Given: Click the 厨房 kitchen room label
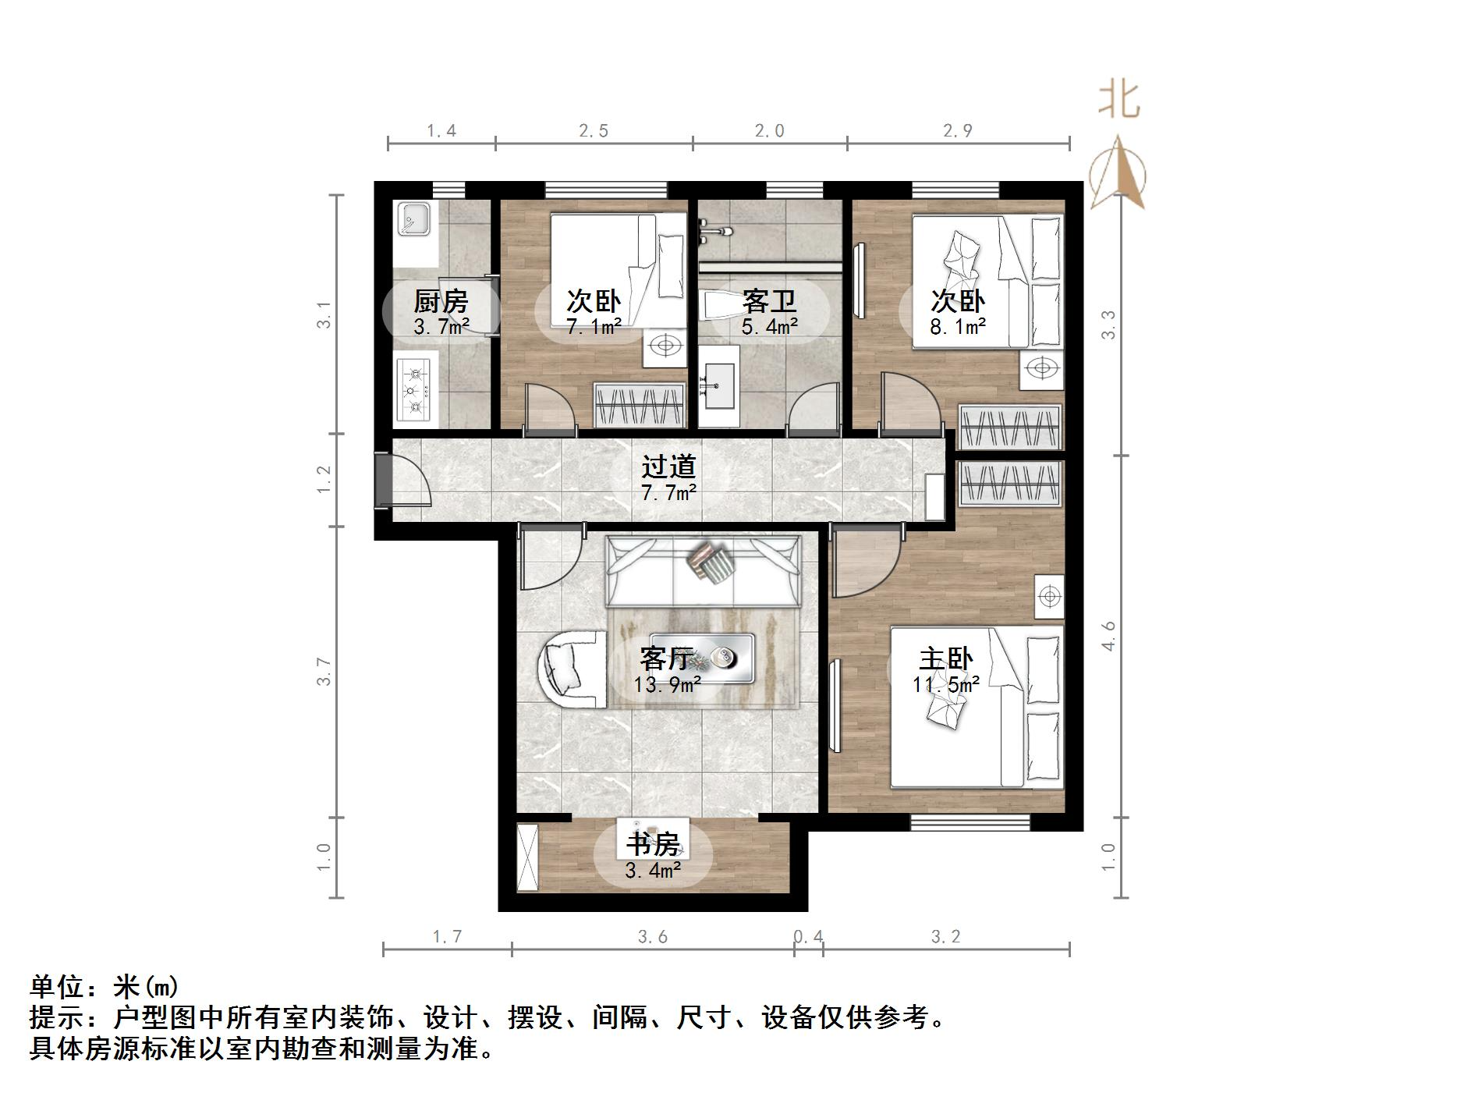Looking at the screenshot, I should (441, 301).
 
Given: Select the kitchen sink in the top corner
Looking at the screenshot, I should (414, 218).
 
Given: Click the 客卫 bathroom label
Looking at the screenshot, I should (769, 301).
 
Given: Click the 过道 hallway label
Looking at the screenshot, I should (668, 467).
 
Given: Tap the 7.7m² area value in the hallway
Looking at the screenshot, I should (668, 492).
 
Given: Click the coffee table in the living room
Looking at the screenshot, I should (702, 657).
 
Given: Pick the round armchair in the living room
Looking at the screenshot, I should (569, 669).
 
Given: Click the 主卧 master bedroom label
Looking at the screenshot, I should (945, 659).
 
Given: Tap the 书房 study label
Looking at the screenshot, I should (653, 845).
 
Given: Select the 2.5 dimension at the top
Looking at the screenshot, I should (594, 131).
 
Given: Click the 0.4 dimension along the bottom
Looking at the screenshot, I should (808, 936).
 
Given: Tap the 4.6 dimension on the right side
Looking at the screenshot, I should (1108, 636).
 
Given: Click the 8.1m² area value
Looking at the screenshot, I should (958, 327).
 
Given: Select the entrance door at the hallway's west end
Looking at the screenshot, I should (384, 480).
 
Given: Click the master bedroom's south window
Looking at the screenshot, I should (970, 822).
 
